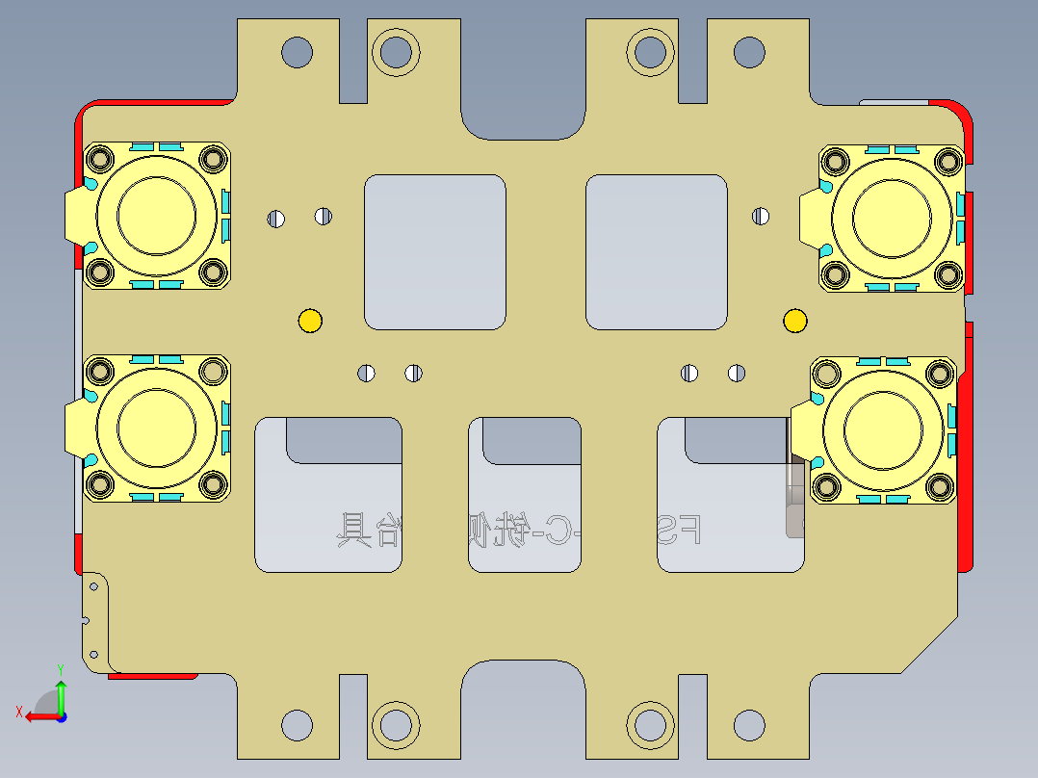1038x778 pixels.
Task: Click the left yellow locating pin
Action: [x=310, y=321]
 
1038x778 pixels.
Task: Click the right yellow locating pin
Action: [x=795, y=321]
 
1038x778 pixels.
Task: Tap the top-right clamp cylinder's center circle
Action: [x=892, y=214]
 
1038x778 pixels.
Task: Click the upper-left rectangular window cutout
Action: [x=434, y=251]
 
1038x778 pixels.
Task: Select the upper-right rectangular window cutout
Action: [x=657, y=251]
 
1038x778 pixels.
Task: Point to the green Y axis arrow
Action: [x=61, y=691]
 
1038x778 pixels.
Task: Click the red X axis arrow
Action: [x=37, y=716]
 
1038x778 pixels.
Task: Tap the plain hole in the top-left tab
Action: [x=297, y=51]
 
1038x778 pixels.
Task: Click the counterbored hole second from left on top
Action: [x=395, y=50]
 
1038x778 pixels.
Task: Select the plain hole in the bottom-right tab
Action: [x=749, y=724]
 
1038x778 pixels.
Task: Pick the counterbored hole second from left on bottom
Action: [x=395, y=723]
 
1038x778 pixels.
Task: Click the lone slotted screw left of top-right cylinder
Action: [x=761, y=217]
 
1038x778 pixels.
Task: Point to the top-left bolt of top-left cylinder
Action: [x=99, y=157]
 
